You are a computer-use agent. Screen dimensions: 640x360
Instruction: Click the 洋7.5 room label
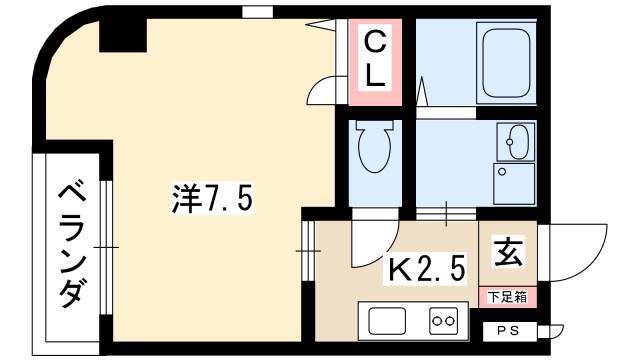212,198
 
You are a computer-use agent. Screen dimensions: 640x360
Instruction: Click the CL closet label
375,60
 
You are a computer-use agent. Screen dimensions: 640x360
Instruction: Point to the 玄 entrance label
508,252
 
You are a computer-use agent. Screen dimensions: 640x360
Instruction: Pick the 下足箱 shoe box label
507,296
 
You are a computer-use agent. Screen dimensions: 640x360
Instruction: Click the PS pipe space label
508,331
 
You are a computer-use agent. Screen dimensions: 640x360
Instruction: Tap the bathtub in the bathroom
506,62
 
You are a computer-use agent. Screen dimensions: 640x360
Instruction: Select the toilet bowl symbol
373,146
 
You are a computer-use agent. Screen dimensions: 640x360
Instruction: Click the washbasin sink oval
517,142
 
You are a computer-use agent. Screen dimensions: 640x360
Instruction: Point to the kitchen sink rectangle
387,321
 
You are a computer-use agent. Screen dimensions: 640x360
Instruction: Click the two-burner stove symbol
443,321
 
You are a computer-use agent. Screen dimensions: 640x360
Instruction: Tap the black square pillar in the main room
123,35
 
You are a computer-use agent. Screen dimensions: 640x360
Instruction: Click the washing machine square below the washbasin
514,184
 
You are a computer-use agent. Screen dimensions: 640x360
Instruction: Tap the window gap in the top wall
257,12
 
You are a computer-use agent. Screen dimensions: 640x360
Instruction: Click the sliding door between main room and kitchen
309,251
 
